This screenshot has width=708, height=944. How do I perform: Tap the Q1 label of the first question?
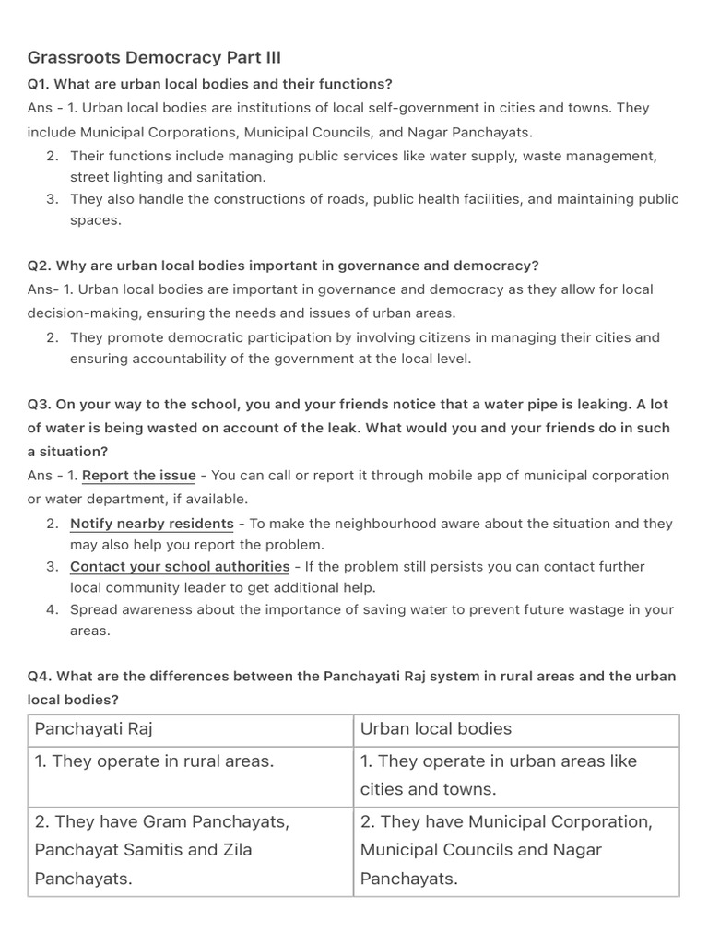(38, 84)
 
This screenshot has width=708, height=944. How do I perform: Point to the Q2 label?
(39, 265)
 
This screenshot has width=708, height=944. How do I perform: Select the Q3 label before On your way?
(39, 404)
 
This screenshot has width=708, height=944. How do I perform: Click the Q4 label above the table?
(39, 676)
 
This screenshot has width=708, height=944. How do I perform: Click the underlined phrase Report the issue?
(138, 476)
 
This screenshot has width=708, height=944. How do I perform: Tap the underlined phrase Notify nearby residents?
(152, 524)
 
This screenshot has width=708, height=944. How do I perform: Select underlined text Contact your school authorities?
(180, 566)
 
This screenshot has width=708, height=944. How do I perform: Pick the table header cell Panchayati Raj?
(93, 729)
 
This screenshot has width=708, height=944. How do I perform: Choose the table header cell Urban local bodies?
(435, 729)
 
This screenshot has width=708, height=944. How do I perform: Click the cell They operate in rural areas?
(154, 761)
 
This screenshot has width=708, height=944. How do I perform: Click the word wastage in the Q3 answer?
(555, 609)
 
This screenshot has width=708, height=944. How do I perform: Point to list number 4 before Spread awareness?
(52, 609)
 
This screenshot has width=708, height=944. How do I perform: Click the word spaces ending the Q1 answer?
(96, 220)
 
